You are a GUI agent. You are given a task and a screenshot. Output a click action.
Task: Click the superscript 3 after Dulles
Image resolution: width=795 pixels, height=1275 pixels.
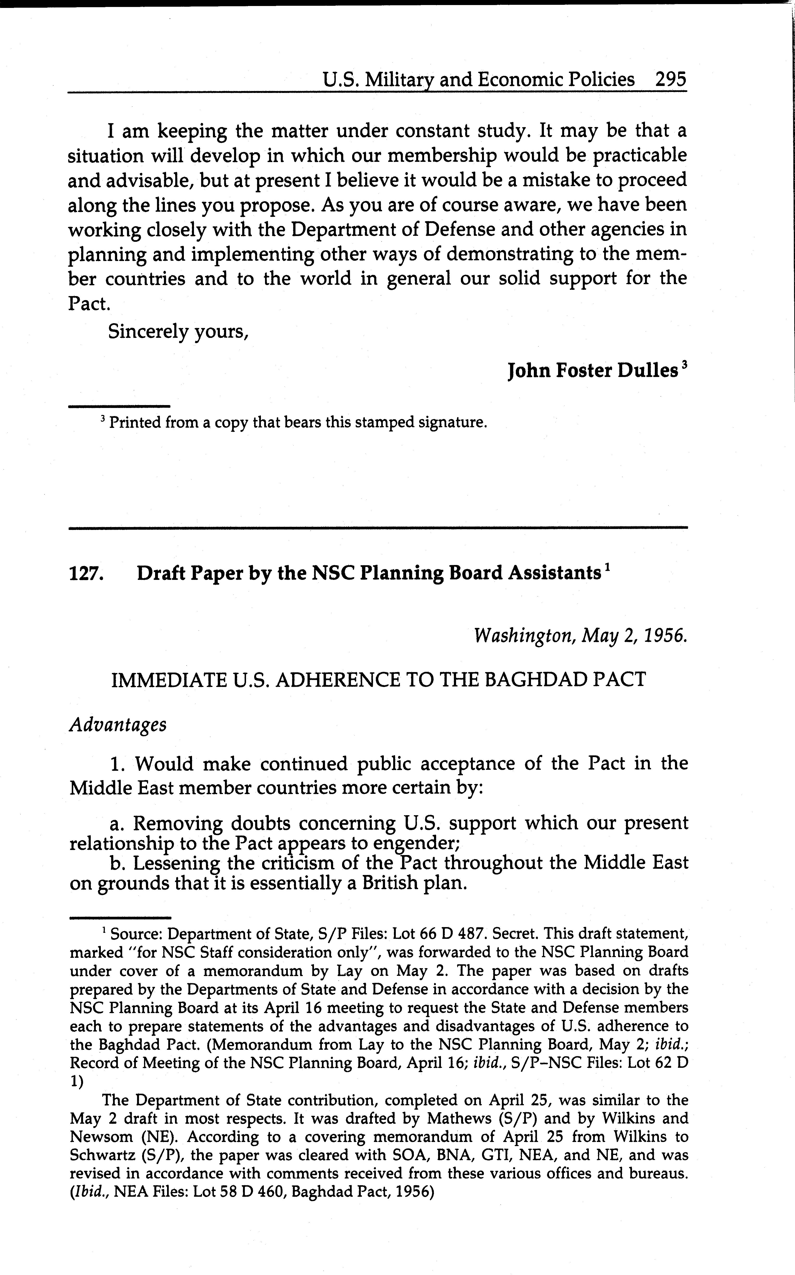[684, 364]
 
